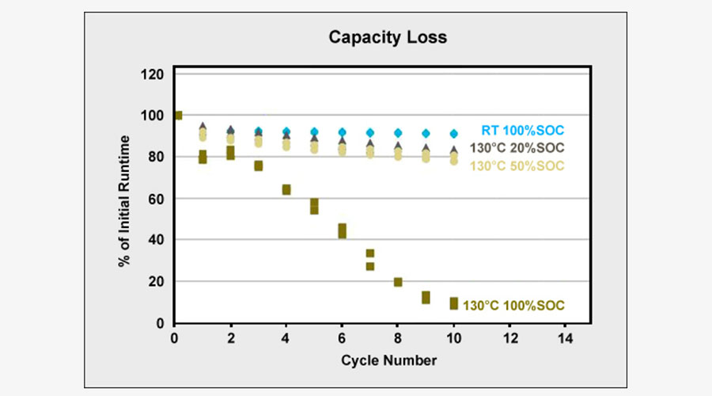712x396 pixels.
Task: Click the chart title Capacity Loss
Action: pos(388,37)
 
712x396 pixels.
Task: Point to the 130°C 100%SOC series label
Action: pos(514,305)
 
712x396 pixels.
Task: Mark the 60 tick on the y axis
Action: pos(156,199)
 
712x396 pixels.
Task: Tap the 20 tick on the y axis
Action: pos(156,282)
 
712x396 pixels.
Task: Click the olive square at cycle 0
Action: pos(177,116)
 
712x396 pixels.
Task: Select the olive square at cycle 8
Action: pos(398,282)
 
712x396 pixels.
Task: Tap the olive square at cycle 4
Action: pos(286,189)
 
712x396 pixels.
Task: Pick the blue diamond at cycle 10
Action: pos(453,134)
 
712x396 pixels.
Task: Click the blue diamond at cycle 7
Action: pos(370,133)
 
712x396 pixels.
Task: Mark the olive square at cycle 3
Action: pos(259,166)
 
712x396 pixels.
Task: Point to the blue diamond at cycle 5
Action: pos(314,132)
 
